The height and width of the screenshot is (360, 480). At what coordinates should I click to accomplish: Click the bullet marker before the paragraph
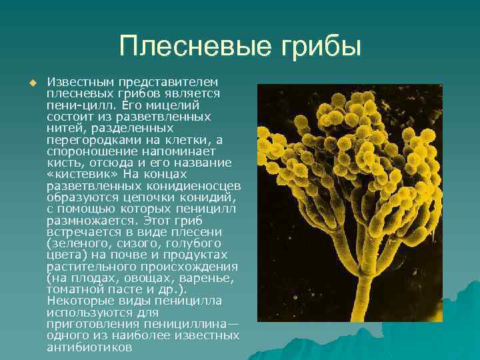[31, 83]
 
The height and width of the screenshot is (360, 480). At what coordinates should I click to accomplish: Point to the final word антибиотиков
[89, 347]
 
